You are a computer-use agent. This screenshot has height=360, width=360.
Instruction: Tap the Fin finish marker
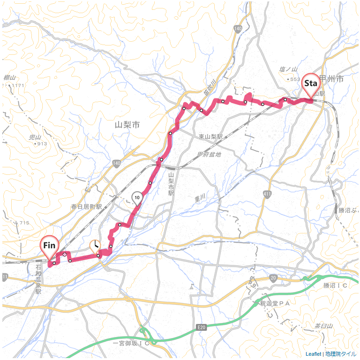pyautogui.click(x=49, y=246)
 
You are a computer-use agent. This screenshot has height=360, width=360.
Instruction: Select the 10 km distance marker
pyautogui.click(x=137, y=198)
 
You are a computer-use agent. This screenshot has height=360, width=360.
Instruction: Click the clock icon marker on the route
pyautogui.click(x=95, y=245)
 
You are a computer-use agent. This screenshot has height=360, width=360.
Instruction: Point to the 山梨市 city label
pyautogui.click(x=127, y=125)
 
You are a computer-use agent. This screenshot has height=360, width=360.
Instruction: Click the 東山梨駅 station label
pyautogui.click(x=210, y=136)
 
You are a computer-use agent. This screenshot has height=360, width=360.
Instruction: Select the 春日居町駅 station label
pyautogui.click(x=86, y=206)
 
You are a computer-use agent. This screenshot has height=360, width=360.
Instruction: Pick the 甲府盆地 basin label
pyautogui.click(x=209, y=154)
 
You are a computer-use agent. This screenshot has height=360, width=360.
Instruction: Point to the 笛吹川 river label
pyautogui.click(x=209, y=87)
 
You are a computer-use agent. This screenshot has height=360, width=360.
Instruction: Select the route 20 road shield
pyautogui.click(x=273, y=278)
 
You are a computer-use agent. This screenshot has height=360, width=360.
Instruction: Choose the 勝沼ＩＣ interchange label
pyautogui.click(x=335, y=285)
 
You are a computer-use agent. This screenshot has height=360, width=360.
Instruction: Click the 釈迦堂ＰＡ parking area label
pyautogui.click(x=276, y=304)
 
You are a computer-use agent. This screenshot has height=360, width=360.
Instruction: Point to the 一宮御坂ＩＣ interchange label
pyautogui.click(x=131, y=343)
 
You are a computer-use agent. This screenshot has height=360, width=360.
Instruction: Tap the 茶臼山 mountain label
pyautogui.click(x=323, y=326)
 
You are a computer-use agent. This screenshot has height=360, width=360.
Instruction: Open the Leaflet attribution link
pyautogui.click(x=313, y=354)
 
